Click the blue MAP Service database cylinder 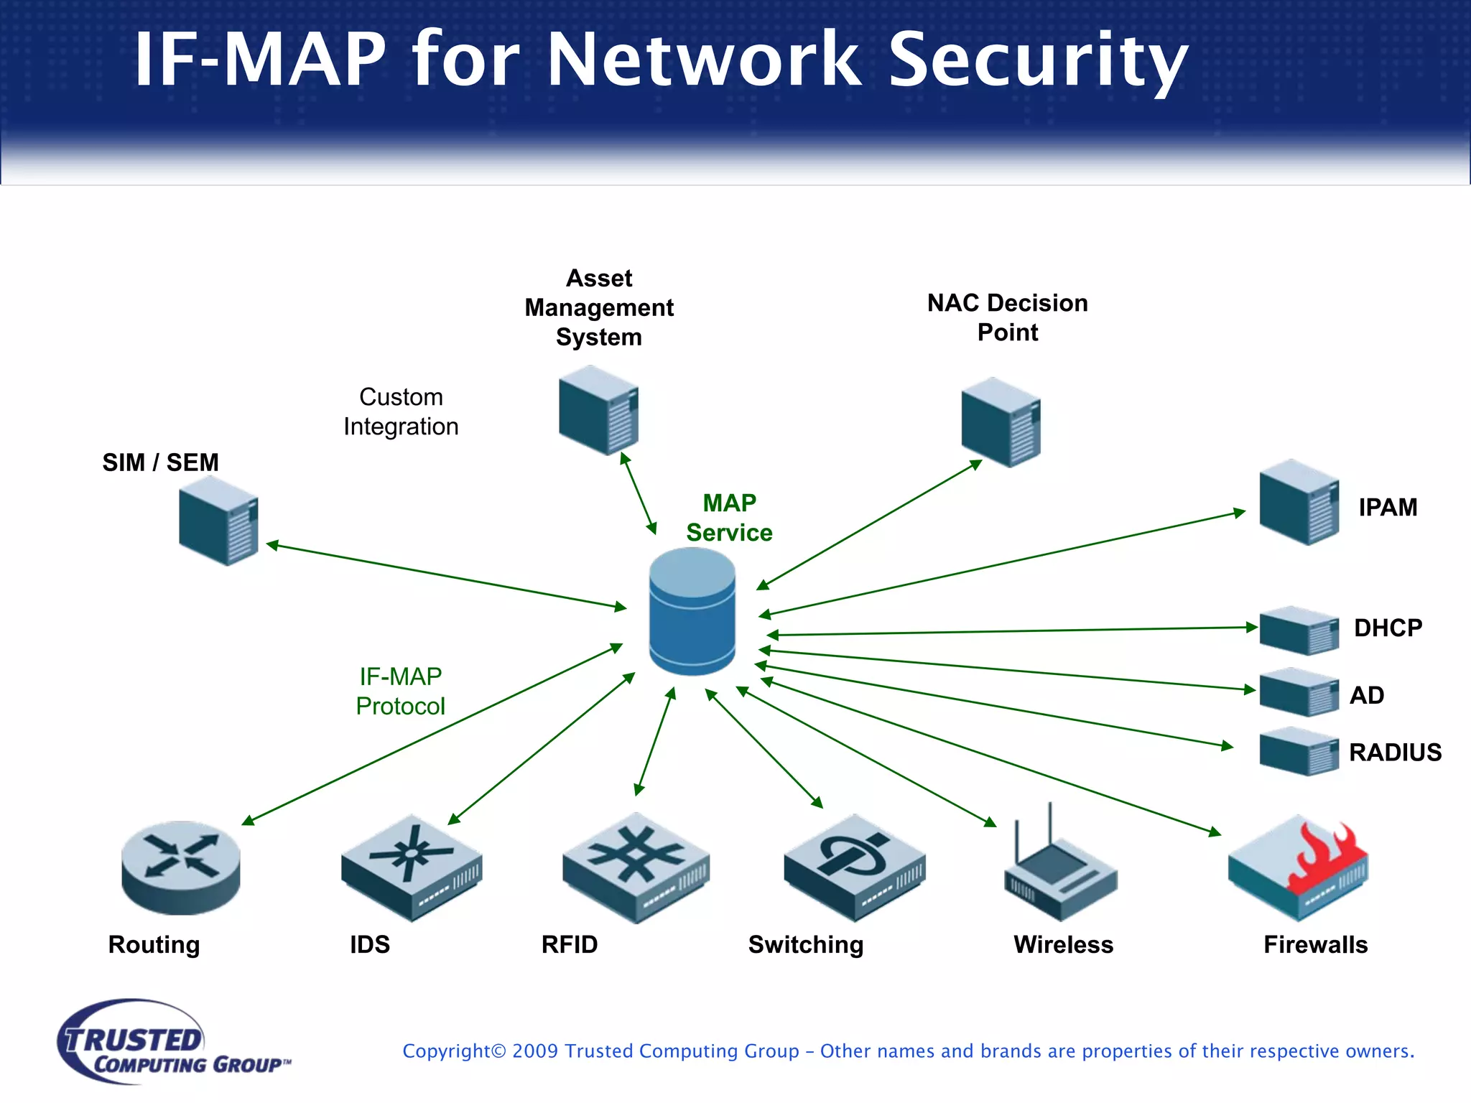692,612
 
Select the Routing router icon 180,867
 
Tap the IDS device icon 411,867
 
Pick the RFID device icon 636,867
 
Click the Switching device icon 854,867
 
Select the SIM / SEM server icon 218,521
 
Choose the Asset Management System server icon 598,410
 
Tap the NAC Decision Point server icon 1001,422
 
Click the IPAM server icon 1299,503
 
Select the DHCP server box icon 1299,630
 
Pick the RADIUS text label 1395,753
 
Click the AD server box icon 1299,692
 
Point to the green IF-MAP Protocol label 400,691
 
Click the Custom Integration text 401,411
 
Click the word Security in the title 1038,60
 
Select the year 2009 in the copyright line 535,1051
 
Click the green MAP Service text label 729,518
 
